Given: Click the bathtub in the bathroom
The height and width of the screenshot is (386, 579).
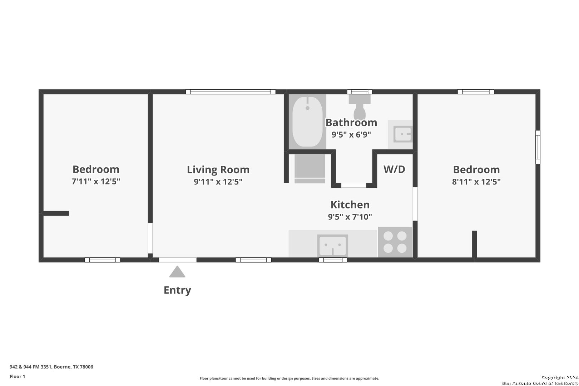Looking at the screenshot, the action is tap(307, 122).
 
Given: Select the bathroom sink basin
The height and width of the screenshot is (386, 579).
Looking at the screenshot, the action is tap(402, 134).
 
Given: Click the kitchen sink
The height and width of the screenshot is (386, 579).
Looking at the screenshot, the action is tap(332, 246).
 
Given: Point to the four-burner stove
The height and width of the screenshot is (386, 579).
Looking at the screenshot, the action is tap(395, 242).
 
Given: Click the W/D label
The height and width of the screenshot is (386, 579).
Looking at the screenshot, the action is tap(394, 169).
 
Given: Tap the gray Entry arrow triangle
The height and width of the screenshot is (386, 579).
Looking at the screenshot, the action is tap(177, 272).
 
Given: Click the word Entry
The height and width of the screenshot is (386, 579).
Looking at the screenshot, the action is tap(177, 290).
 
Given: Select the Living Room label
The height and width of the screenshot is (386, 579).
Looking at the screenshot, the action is tap(218, 170).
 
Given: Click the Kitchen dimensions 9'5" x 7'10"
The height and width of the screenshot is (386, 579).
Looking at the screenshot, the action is tap(350, 217).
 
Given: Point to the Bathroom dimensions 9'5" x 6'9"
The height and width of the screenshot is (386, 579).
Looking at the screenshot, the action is tap(351, 134).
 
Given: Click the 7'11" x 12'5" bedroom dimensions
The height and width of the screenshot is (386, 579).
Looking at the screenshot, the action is tap(96, 181).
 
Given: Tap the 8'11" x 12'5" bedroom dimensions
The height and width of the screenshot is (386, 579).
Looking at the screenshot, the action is tap(476, 182).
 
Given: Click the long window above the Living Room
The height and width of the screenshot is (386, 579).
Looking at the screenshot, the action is tap(231, 92).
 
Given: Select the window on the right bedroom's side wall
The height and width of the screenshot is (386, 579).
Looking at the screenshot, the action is tap(538, 147).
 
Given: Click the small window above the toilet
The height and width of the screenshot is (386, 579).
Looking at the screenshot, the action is tap(360, 92).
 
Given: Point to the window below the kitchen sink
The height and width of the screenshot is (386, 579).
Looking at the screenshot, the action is tap(333, 260).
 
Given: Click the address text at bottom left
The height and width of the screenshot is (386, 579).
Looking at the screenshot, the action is tap(51, 367).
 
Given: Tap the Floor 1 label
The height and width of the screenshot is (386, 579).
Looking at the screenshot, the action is tap(17, 376).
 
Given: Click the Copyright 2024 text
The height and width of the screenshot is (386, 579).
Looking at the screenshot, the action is tap(560, 377).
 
